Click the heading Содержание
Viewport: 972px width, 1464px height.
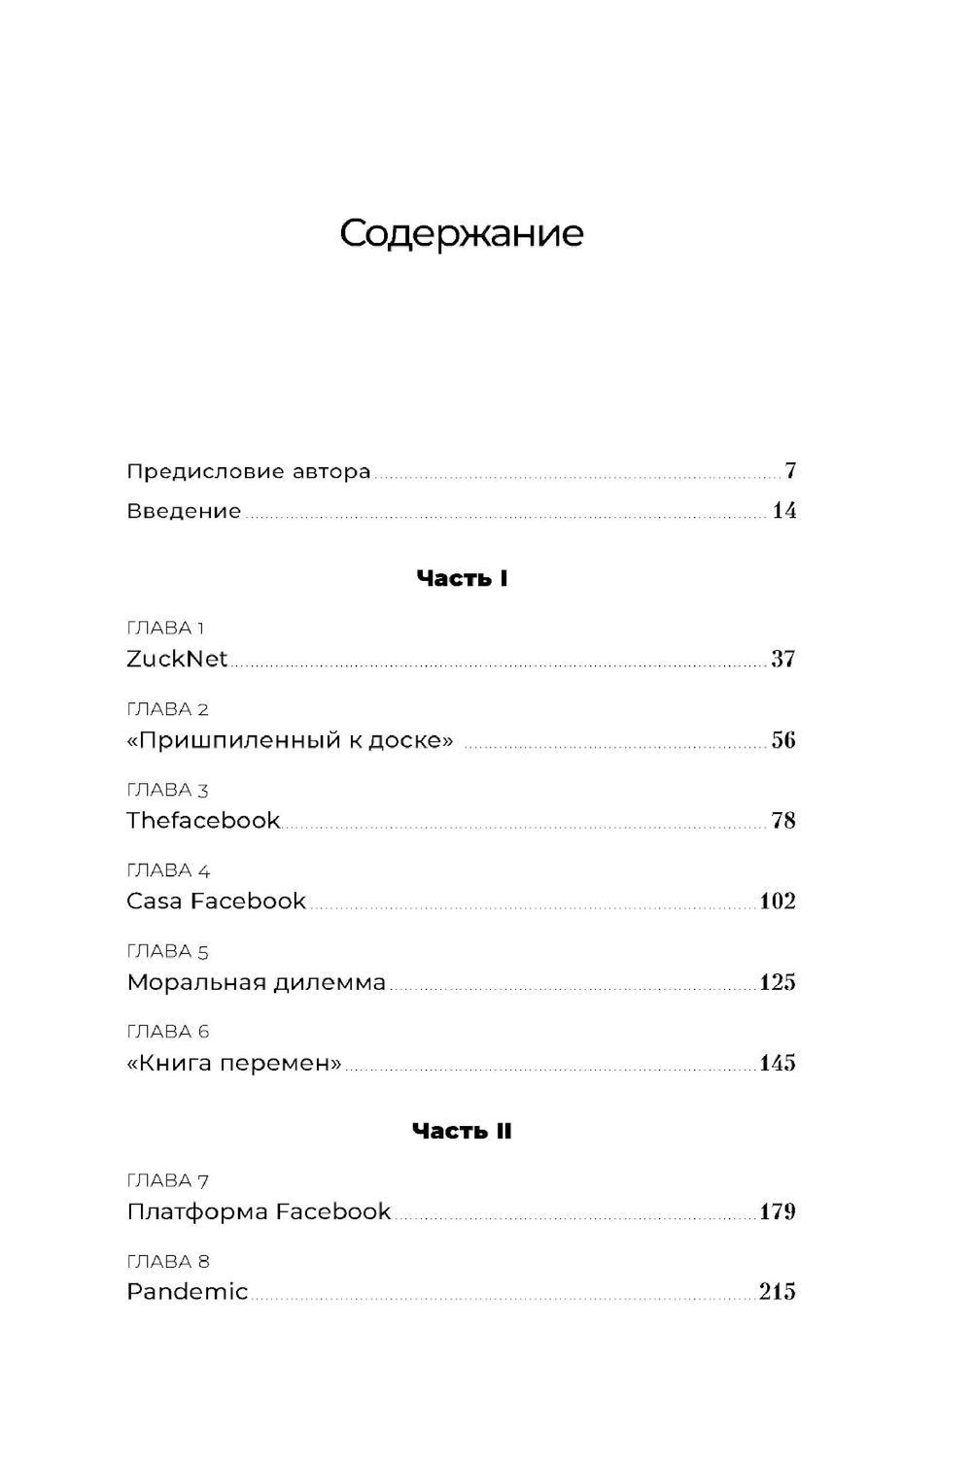[x=462, y=235]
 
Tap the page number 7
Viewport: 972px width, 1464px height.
[x=790, y=471]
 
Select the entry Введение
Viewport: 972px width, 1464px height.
[x=184, y=511]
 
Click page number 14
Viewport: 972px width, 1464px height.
[x=783, y=511]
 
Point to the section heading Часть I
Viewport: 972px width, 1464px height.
[x=462, y=579]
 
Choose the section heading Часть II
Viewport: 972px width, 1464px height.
[x=462, y=1131]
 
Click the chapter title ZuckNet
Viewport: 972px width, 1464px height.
[x=177, y=659]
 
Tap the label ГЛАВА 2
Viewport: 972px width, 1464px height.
[x=167, y=709]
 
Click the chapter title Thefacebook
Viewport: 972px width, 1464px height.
[x=203, y=821]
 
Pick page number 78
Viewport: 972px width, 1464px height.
[x=782, y=821]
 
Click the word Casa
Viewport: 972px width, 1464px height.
[x=154, y=902]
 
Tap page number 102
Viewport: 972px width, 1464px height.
[x=778, y=902]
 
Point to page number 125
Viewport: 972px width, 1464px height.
[x=778, y=982]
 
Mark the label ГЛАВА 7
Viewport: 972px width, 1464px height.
[x=167, y=1181]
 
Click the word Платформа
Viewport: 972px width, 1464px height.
[x=197, y=1212]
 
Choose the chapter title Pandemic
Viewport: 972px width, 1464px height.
[x=188, y=1292]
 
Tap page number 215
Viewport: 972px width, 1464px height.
[x=778, y=1292]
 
